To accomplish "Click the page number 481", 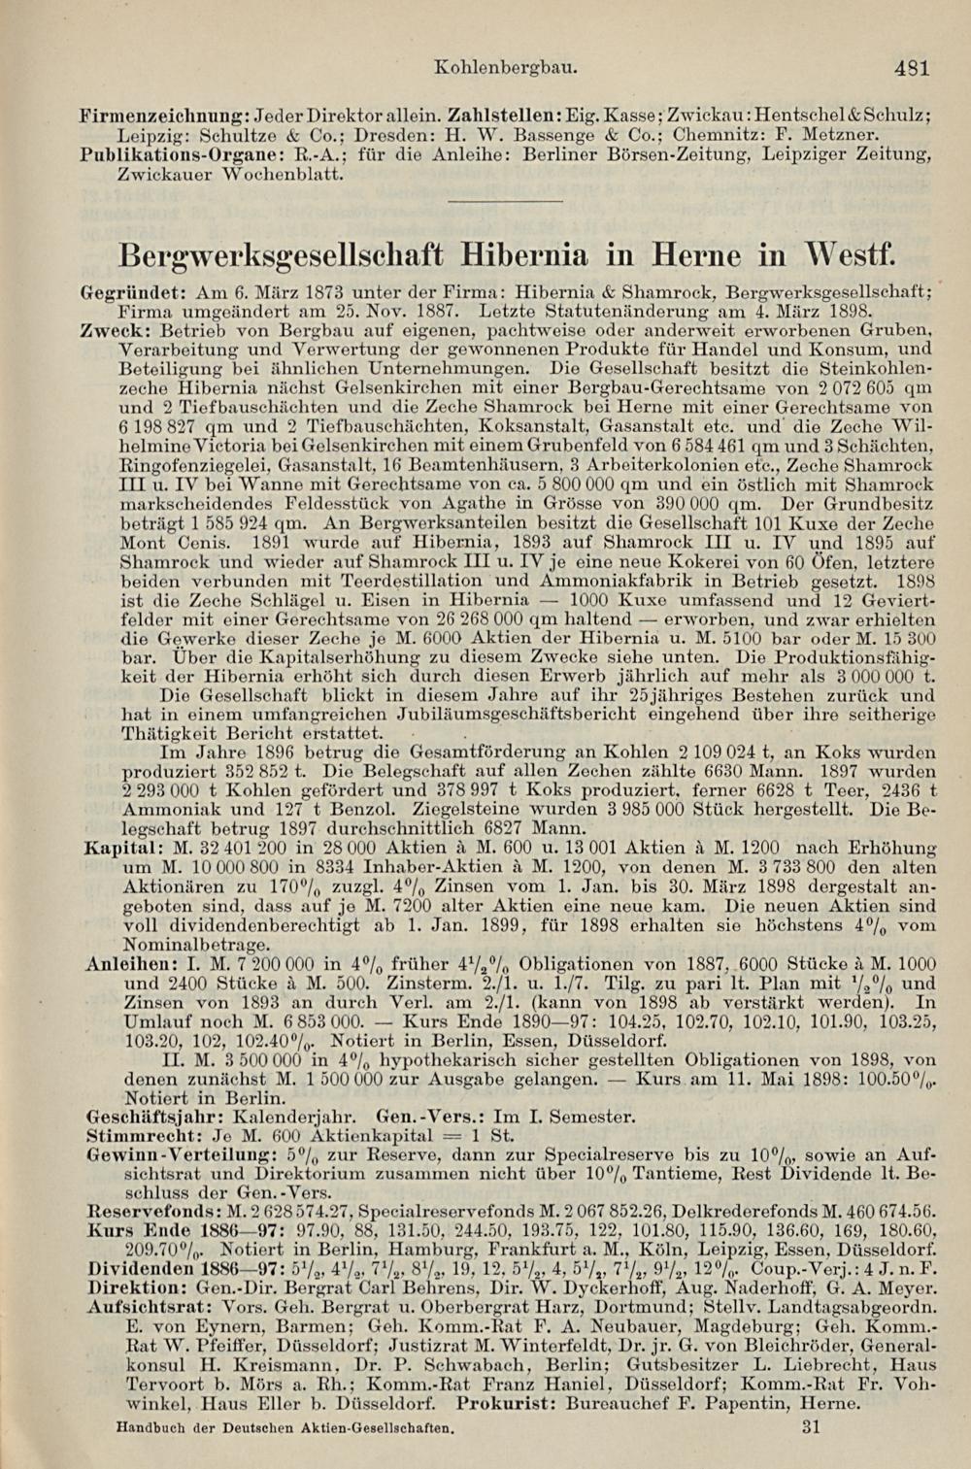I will pyautogui.click(x=912, y=69).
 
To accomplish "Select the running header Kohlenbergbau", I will pyautogui.click(x=507, y=69).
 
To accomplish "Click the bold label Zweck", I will pyautogui.click(x=109, y=330).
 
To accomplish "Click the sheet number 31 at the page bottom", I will pyautogui.click(x=813, y=1427).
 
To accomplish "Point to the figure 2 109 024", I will pyautogui.click(x=720, y=752).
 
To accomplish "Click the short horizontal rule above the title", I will pyautogui.click(x=508, y=202).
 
